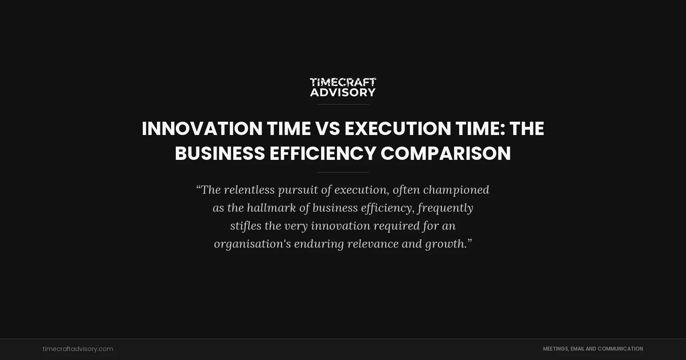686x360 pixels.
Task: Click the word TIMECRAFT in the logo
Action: tap(343, 82)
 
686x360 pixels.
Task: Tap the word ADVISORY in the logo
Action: tap(343, 92)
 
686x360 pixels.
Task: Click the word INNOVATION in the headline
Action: tap(202, 129)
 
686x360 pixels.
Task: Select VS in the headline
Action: tap(328, 129)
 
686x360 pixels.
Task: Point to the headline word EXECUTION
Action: tap(398, 129)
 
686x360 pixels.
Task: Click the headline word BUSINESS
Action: tap(220, 153)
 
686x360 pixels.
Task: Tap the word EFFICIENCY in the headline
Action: tap(322, 153)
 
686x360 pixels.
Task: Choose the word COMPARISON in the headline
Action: tap(445, 153)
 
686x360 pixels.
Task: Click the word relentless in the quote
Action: tap(249, 190)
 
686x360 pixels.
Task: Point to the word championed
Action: tap(456, 190)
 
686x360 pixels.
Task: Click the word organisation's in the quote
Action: tap(252, 244)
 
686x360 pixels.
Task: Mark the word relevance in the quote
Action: tap(373, 244)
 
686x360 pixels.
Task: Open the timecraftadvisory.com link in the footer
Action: tap(78, 349)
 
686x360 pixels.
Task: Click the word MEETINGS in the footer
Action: tap(556, 349)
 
